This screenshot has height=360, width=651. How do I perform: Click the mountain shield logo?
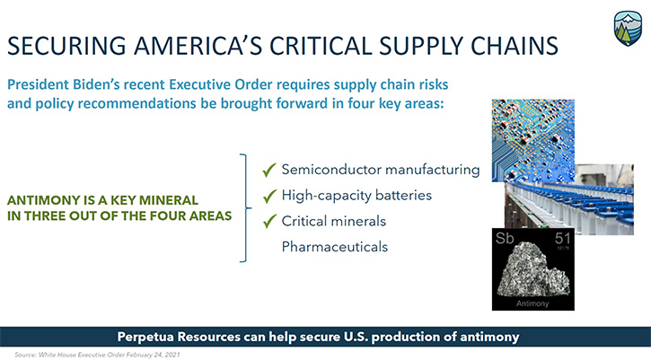(628, 28)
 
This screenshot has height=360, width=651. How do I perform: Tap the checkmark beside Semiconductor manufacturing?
(269, 170)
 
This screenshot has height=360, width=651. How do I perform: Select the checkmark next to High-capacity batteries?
(269, 196)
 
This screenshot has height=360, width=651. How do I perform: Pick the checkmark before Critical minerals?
(269, 222)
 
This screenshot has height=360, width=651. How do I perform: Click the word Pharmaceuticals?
(335, 247)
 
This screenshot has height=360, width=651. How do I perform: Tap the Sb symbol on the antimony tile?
(505, 238)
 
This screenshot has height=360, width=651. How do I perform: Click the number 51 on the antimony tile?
(563, 238)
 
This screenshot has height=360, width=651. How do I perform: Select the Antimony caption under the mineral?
(532, 303)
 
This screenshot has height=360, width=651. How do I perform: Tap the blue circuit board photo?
(533, 140)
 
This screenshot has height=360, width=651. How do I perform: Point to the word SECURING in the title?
(66, 46)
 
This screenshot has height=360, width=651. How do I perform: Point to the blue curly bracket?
(245, 208)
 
